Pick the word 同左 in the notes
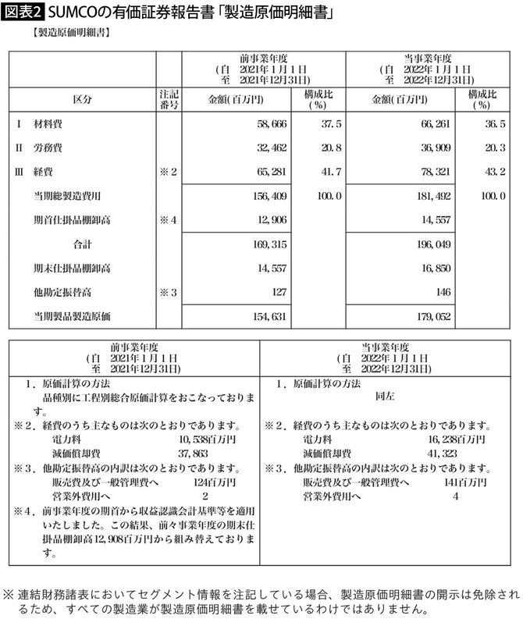click(x=386, y=397)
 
